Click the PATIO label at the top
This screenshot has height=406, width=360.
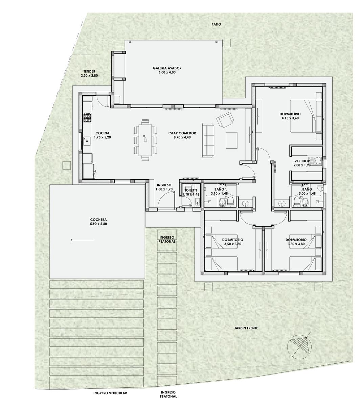point(216,24)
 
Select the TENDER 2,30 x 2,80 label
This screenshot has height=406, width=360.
point(89,73)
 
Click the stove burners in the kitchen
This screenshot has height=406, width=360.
point(87,117)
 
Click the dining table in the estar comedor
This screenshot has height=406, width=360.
point(145,140)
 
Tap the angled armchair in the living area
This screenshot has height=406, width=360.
point(225,120)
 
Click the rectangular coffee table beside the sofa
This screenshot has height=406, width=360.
point(231,140)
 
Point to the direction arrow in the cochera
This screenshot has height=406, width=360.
point(82,240)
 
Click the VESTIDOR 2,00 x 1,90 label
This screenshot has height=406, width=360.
point(302,163)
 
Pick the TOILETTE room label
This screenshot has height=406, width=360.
point(191,190)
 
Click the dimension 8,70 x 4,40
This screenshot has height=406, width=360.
point(182,137)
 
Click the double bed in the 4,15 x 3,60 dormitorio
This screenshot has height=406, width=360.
point(306,116)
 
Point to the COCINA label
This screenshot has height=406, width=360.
point(103,133)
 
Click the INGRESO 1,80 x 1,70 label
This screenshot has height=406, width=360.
point(164,187)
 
